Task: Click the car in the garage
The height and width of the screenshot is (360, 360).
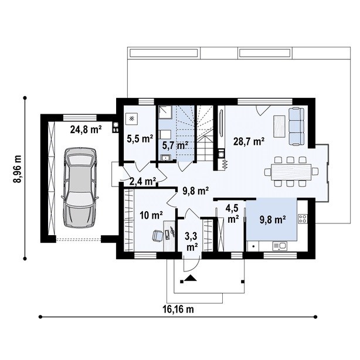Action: (80, 188)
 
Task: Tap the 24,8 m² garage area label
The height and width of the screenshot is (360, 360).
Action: (86, 130)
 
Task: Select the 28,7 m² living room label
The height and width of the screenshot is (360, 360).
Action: (249, 141)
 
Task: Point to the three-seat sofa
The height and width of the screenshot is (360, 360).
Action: (296, 126)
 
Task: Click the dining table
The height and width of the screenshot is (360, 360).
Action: (291, 172)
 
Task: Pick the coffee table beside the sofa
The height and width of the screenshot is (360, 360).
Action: (280, 126)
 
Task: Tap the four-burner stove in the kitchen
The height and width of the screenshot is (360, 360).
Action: (303, 218)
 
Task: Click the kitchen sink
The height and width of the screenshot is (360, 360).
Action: (280, 246)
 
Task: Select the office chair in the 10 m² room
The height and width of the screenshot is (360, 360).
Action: (158, 236)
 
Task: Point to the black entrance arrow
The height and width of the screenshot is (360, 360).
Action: (190, 278)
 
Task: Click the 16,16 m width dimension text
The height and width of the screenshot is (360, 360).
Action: (178, 309)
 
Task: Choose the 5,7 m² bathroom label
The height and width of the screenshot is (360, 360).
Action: (175, 145)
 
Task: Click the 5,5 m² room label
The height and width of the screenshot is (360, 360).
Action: (140, 139)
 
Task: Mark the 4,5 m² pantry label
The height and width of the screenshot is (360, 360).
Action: (233, 214)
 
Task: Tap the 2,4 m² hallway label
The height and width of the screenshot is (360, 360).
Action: (143, 181)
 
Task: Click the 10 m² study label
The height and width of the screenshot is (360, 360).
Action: (151, 215)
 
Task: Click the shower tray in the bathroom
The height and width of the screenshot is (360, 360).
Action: (165, 113)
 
